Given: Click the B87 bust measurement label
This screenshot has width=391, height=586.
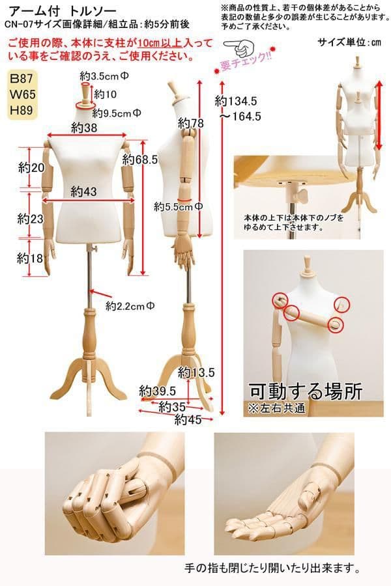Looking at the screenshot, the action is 22,79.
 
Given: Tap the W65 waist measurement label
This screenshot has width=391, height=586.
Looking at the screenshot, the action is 22,94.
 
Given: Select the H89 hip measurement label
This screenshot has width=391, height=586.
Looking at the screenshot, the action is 22,110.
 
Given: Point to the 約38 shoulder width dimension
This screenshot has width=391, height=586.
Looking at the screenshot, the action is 84,128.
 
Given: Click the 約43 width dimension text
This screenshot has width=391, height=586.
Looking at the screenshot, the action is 84,191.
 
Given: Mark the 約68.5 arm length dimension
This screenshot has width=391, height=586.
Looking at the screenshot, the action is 140,160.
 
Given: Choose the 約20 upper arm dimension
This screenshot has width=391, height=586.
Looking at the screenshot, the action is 31,168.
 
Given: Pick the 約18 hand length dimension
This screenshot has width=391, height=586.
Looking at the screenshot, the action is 31,258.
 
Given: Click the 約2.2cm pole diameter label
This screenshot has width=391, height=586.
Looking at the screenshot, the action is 130,307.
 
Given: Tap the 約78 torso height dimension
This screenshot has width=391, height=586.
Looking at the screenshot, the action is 191,123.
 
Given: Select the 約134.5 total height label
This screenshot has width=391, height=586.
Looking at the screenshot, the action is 236,101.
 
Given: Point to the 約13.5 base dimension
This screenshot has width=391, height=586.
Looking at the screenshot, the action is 196,372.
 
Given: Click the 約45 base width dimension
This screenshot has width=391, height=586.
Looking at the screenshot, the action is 188,420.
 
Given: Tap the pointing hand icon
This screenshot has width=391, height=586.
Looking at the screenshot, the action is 239,47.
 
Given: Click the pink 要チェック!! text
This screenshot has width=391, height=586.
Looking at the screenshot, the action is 245,62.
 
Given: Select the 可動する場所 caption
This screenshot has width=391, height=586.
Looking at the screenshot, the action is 306,391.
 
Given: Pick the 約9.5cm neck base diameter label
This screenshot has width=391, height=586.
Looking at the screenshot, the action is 117,113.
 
